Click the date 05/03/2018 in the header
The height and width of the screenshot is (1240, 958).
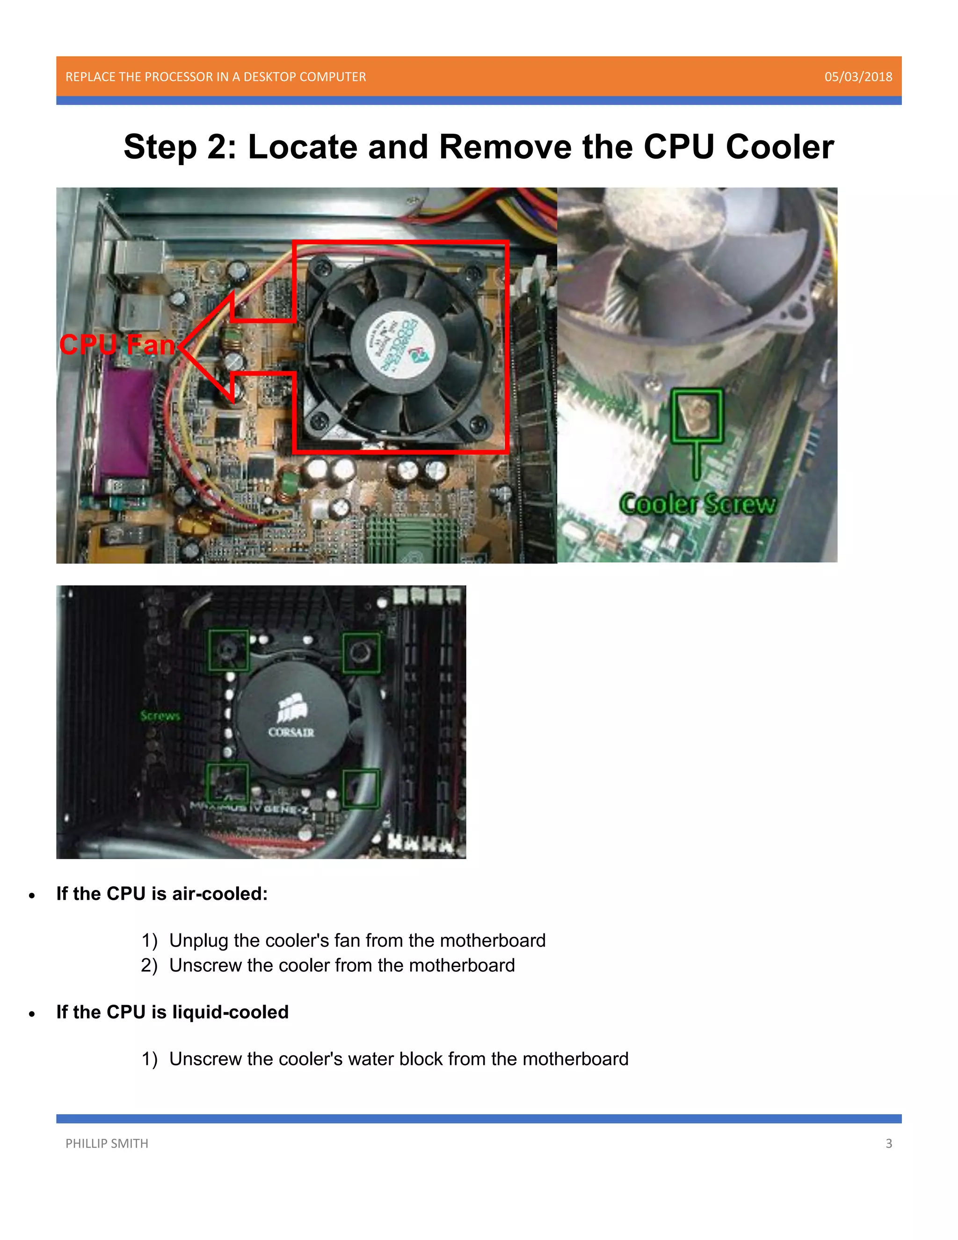(857, 77)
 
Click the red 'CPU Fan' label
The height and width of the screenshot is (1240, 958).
(117, 345)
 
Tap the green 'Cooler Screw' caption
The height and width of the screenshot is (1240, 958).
(697, 504)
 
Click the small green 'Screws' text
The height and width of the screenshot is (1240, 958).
(160, 716)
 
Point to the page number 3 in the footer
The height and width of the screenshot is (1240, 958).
(888, 1144)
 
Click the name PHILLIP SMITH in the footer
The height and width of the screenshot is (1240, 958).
(107, 1144)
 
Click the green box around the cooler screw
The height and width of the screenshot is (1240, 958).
(697, 416)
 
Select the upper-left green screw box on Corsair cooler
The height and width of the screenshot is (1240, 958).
(229, 650)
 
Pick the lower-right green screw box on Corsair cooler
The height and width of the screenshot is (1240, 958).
(361, 788)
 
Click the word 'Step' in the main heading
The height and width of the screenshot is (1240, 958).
(160, 147)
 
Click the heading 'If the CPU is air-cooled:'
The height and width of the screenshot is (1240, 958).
(162, 894)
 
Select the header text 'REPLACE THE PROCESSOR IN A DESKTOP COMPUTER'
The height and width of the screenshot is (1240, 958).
(216, 77)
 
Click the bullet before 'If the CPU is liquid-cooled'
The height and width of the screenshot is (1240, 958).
(32, 1014)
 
